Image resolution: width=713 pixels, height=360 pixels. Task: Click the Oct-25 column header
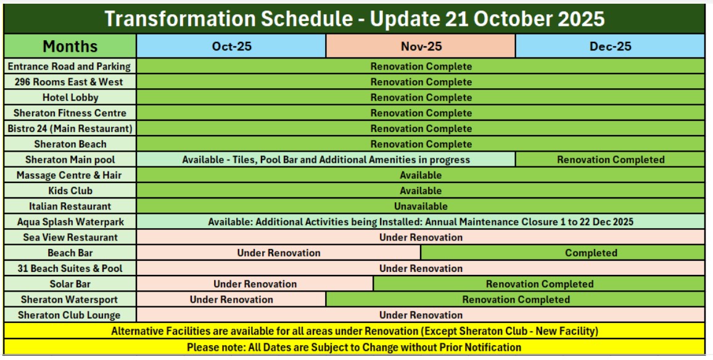click(231, 46)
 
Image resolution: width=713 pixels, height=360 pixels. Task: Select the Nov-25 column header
click(421, 46)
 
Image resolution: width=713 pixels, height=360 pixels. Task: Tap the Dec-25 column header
click(610, 46)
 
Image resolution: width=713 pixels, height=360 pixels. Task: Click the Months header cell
click(70, 46)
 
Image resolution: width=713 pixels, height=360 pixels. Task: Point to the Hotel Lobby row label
click(70, 98)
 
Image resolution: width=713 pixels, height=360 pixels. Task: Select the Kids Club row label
click(70, 191)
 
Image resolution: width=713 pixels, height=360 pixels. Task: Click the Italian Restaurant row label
click(70, 207)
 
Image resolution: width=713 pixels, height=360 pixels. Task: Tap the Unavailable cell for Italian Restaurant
click(421, 207)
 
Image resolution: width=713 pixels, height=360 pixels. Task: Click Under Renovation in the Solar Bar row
click(255, 284)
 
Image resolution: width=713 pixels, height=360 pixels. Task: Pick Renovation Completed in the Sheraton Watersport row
click(516, 300)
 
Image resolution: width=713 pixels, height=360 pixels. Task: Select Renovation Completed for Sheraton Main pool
click(610, 160)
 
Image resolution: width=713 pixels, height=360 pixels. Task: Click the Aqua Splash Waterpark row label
click(70, 223)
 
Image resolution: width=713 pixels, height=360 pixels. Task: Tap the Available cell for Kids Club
click(421, 191)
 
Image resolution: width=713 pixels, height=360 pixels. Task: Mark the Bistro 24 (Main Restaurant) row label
click(70, 129)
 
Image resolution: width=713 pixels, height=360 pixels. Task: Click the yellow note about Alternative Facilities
click(354, 332)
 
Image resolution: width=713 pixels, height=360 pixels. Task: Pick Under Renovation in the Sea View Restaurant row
click(421, 237)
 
